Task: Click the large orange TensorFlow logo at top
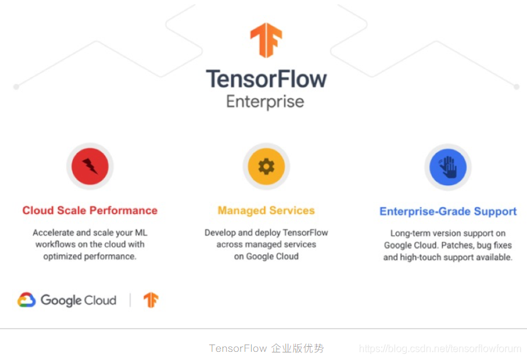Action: coord(266,40)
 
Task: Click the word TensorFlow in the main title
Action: coord(266,79)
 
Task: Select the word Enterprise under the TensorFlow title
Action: coord(265,102)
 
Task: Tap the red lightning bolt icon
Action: coord(90,166)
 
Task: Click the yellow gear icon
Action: coord(266,166)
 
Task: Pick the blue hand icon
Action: coord(448,167)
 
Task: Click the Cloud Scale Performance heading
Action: coord(90,210)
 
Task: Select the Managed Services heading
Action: coord(266,210)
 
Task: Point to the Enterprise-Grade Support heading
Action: coord(448,211)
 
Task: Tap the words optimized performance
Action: coord(90,256)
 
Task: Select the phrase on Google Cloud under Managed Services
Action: coord(266,256)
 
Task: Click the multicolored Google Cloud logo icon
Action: coord(26,300)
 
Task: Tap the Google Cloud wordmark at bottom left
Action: coord(79,300)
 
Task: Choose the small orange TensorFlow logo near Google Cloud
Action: coord(150,300)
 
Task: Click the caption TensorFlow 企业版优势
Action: coord(266,348)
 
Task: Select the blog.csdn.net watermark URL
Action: coord(439,348)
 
